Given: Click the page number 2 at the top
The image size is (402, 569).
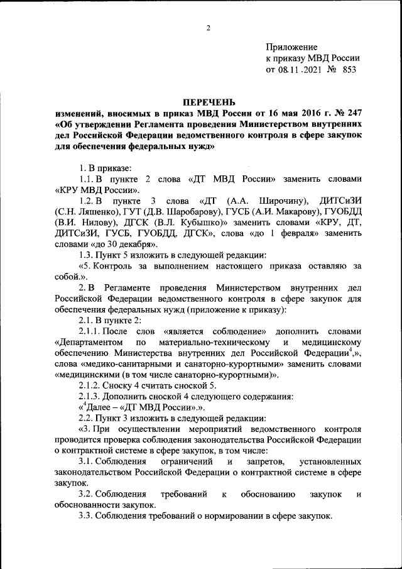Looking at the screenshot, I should coord(207,28).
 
